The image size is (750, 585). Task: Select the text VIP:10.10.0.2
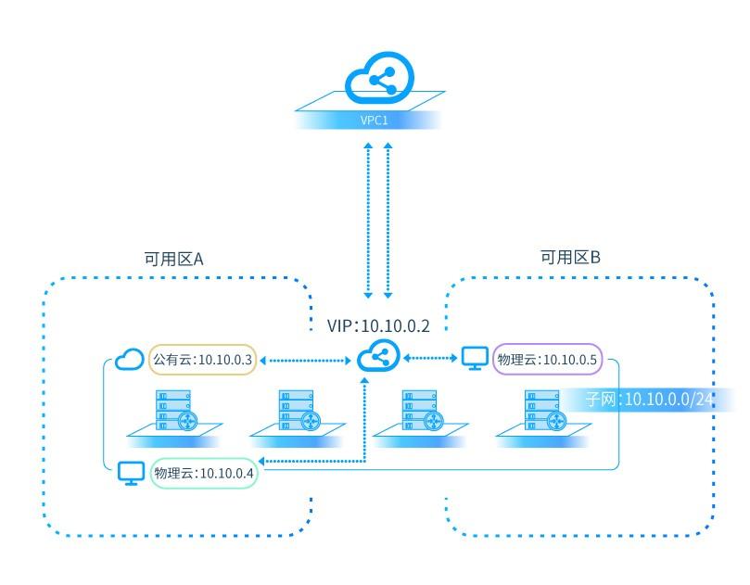coord(378,326)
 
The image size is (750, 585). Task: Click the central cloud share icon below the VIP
coord(377,357)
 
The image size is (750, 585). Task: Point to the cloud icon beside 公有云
coord(129,359)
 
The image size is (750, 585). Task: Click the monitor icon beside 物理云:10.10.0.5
coord(474,358)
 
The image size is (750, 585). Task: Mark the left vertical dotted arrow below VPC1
coord(369,221)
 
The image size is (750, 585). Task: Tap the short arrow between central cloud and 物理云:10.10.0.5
coord(430,358)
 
